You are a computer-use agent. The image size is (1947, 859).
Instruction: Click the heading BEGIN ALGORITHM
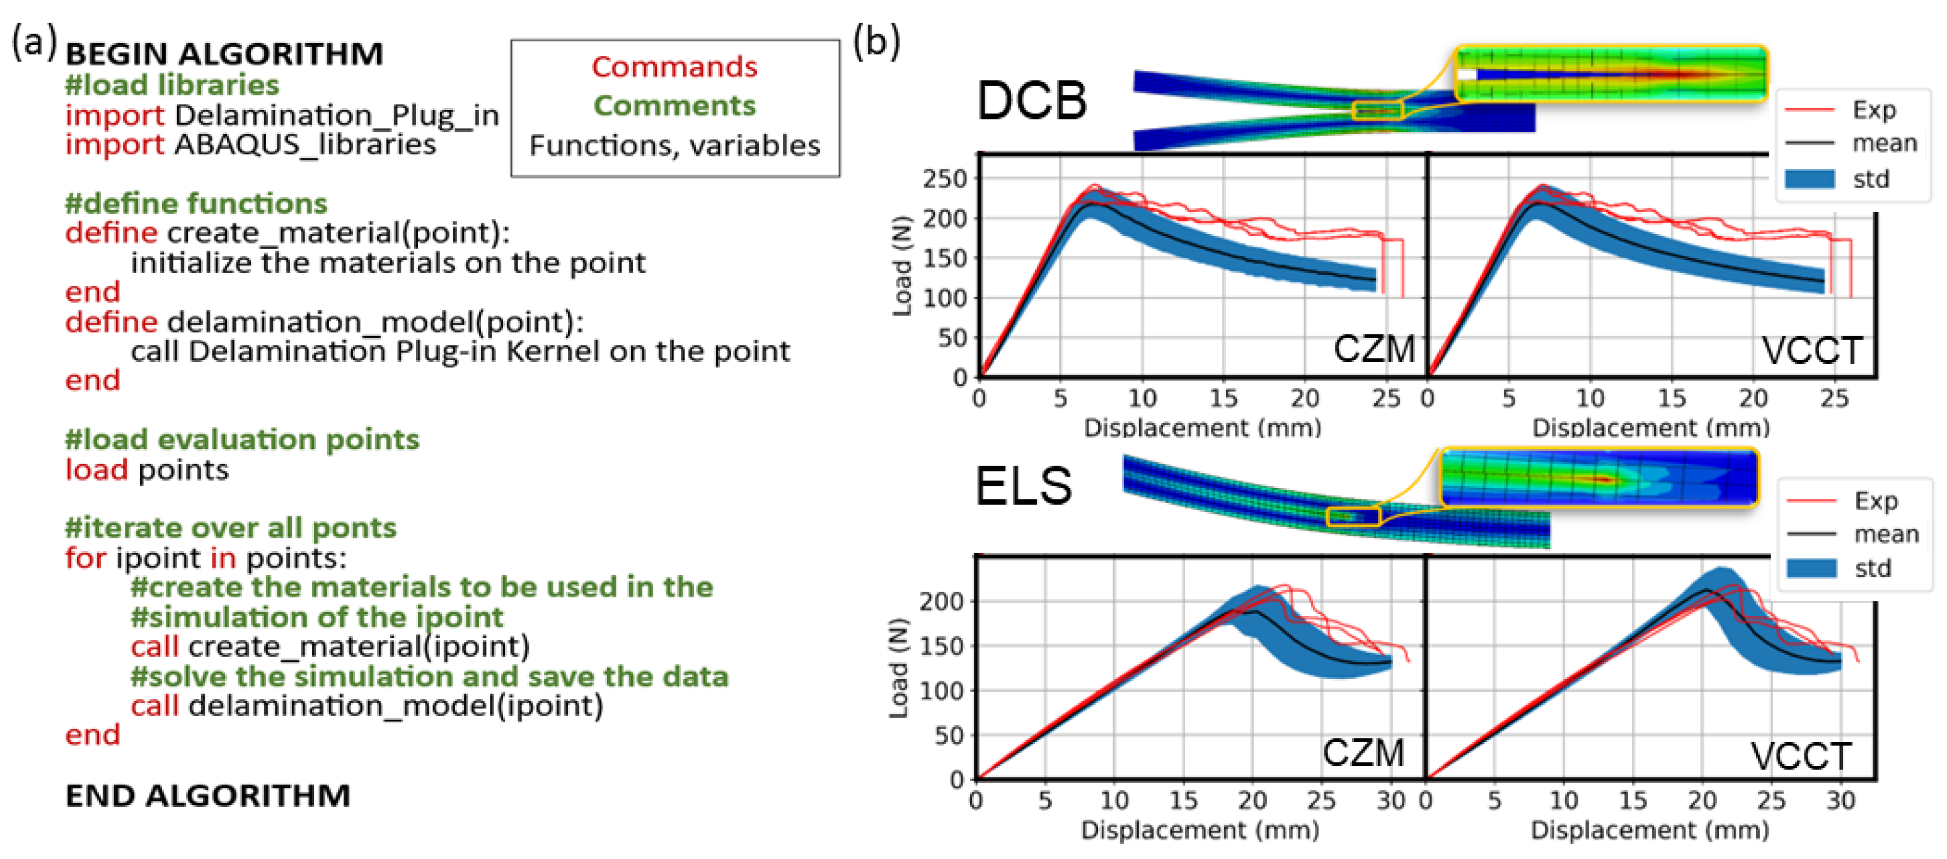pos(224,55)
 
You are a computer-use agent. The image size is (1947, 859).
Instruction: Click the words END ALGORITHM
pos(208,795)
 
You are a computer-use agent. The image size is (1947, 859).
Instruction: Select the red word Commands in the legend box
pos(674,67)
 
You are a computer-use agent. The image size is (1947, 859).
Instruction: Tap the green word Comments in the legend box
pos(674,106)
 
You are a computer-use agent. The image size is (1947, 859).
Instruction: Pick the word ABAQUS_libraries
pos(304,144)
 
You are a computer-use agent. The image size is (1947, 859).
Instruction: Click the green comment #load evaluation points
pos(242,439)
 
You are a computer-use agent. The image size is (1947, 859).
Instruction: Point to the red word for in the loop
pos(85,558)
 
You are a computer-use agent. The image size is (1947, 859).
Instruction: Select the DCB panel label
pos(1031,101)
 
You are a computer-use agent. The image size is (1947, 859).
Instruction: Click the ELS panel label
pos(1024,486)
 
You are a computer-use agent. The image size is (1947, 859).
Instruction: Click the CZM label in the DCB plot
pos(1373,349)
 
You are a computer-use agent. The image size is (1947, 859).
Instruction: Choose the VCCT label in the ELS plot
pos(1801,756)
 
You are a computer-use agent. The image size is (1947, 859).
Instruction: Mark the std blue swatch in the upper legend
pos(1810,179)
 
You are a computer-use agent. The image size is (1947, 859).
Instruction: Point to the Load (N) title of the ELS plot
pos(898,669)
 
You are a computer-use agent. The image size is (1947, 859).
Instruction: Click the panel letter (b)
pos(876,41)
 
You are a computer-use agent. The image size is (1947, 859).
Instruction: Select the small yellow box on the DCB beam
pos(1378,111)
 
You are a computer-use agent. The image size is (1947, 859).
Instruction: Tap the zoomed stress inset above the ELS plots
pos(1599,477)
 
